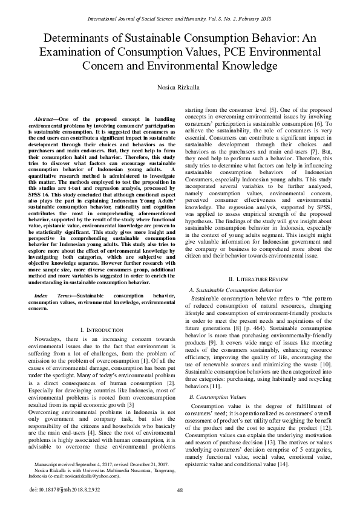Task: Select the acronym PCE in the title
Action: (x=241, y=52)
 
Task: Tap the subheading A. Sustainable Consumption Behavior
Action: (x=237, y=291)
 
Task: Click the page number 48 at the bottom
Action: (x=180, y=490)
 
